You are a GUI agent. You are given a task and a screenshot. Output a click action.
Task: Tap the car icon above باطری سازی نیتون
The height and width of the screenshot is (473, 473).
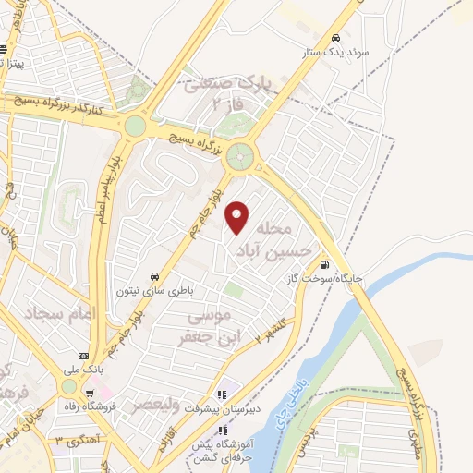click(154, 276)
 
